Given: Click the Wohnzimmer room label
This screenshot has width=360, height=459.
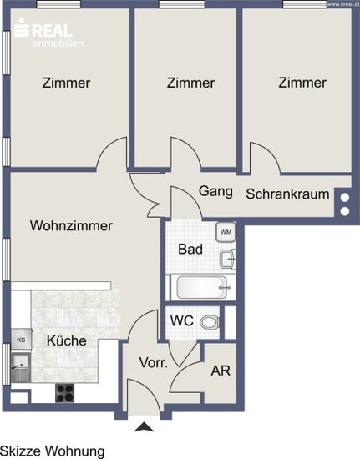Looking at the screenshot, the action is [71, 226].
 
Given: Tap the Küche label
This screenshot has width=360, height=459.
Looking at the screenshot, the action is [67, 340].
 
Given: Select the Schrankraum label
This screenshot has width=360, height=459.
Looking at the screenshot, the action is [287, 194].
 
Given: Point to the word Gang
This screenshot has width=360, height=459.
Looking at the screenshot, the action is [215, 191].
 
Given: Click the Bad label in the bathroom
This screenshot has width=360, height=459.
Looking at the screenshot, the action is [190, 250].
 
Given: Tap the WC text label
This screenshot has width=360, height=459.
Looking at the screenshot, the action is [182, 320].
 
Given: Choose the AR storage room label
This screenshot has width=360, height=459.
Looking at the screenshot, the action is [221, 371].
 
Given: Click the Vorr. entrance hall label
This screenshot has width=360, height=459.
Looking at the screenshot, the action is [154, 363].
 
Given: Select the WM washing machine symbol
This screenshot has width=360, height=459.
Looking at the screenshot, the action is [226, 232].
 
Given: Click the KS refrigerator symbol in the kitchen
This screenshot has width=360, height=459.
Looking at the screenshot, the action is [21, 340].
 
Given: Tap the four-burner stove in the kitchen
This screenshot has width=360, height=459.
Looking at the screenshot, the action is [65, 393].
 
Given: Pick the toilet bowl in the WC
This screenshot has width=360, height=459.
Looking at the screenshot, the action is [210, 322].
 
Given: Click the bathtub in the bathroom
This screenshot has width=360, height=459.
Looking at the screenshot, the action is [202, 287].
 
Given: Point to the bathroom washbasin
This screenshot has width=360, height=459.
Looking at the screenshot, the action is [227, 259].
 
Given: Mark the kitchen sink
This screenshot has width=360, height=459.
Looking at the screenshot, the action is [21, 367].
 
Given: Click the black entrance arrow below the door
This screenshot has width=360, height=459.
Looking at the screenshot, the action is [144, 426].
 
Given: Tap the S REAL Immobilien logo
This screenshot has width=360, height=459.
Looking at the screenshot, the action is [48, 33].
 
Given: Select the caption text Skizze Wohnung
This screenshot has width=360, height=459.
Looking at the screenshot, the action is [53, 451].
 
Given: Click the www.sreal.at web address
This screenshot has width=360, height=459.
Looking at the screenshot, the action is [343, 4].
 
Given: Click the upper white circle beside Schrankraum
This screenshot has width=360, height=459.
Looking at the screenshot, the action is [345, 198].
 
